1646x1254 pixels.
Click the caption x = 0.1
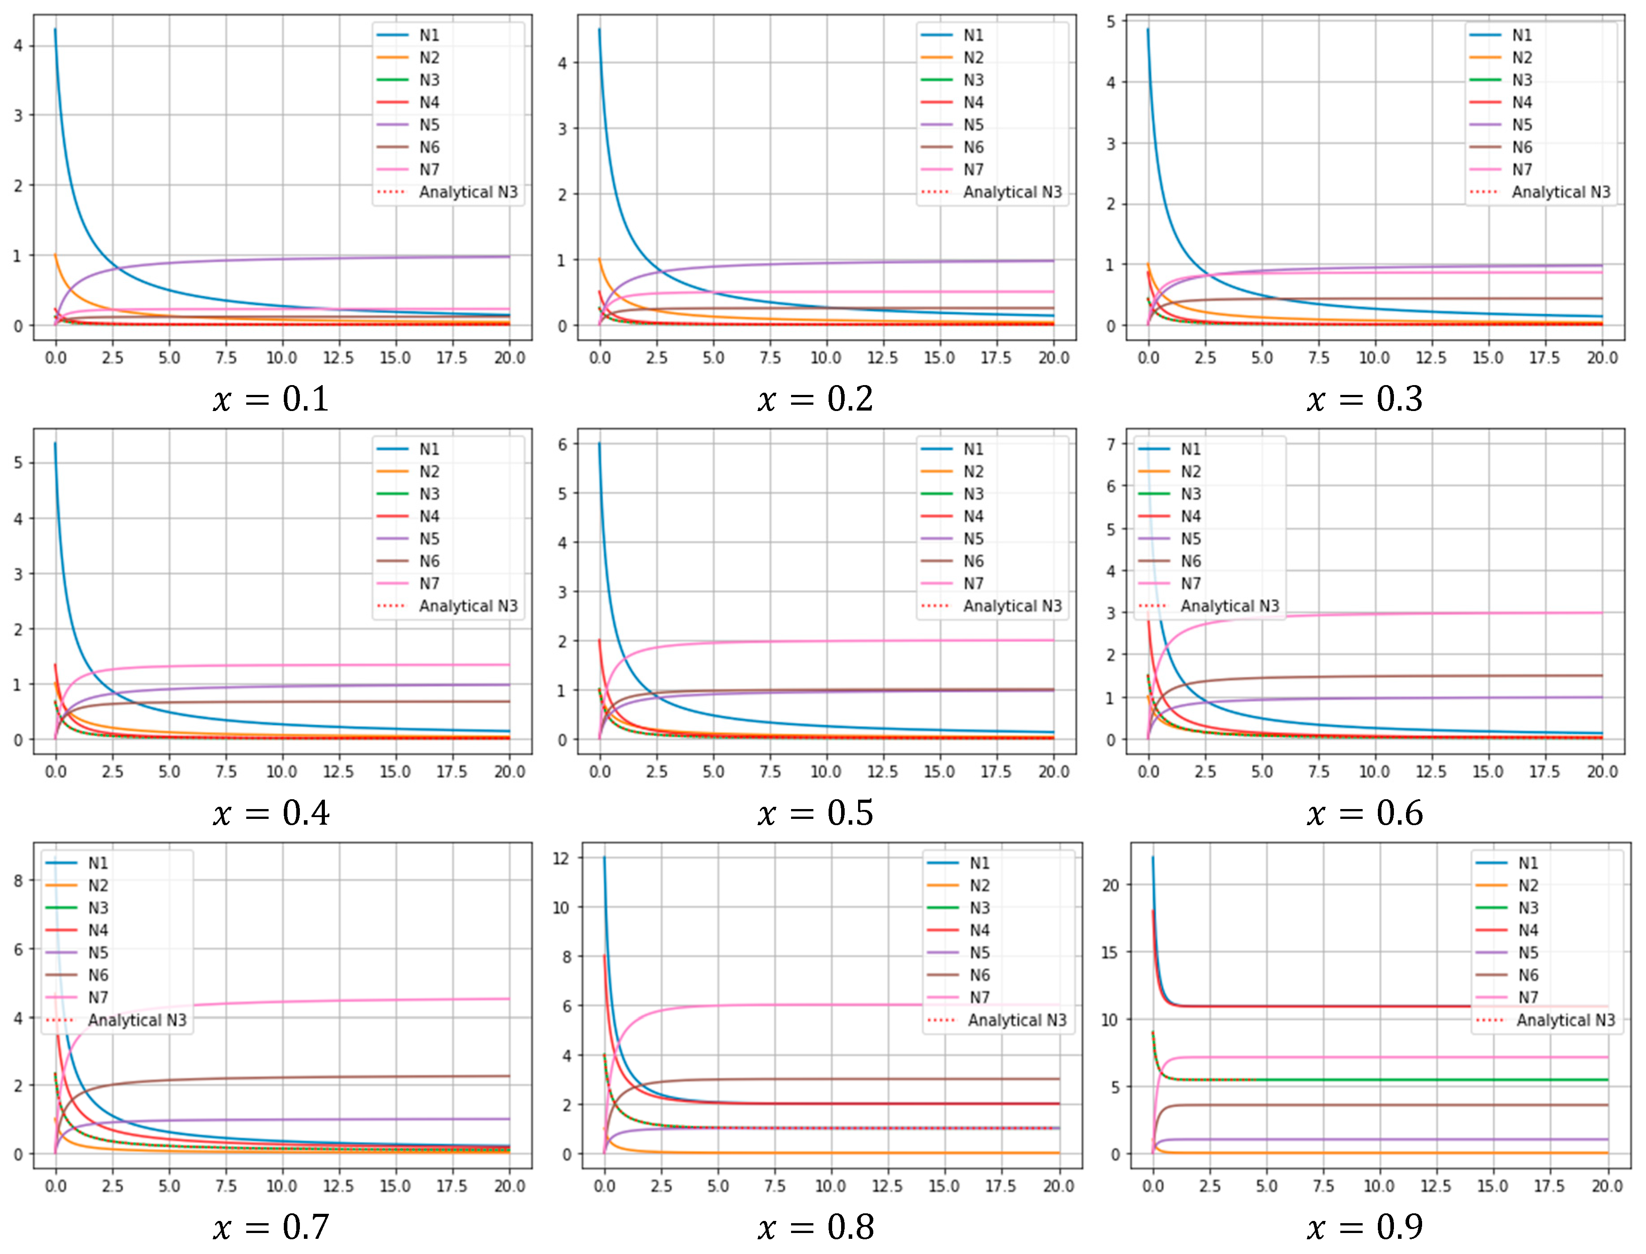(270, 399)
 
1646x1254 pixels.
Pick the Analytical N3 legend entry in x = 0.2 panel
(1011, 192)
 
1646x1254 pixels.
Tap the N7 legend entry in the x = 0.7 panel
(98, 997)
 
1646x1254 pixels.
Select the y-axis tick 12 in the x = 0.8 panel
(561, 858)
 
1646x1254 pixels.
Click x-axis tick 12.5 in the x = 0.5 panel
(882, 771)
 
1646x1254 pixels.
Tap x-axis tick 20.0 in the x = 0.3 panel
(1602, 357)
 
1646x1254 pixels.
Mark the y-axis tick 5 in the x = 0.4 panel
(18, 463)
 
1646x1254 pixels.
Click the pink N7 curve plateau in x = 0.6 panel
(1419, 613)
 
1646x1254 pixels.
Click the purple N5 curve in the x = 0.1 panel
(299, 259)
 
